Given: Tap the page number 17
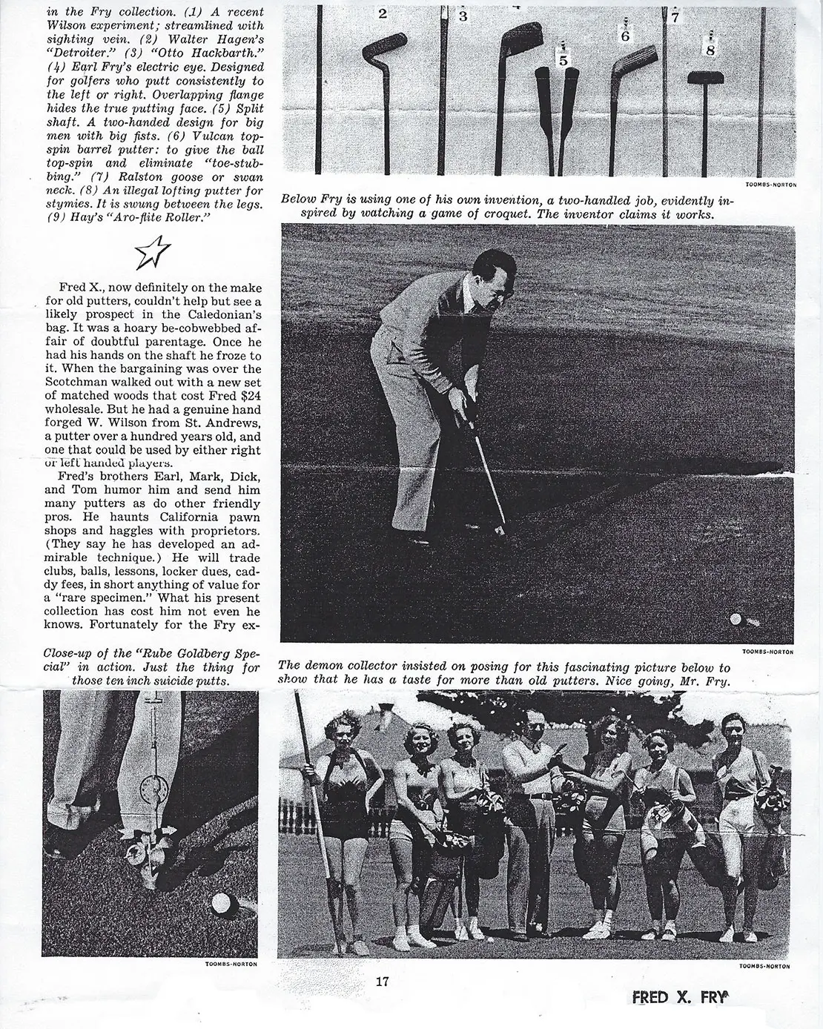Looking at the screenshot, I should pos(383,982).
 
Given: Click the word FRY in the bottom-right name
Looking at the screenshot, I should pos(713,998).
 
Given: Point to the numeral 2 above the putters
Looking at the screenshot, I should pos(383,13).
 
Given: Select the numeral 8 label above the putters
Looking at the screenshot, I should pos(710,50).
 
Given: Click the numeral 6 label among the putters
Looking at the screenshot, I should pos(625,35).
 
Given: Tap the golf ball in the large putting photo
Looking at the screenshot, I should pos(736,619).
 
